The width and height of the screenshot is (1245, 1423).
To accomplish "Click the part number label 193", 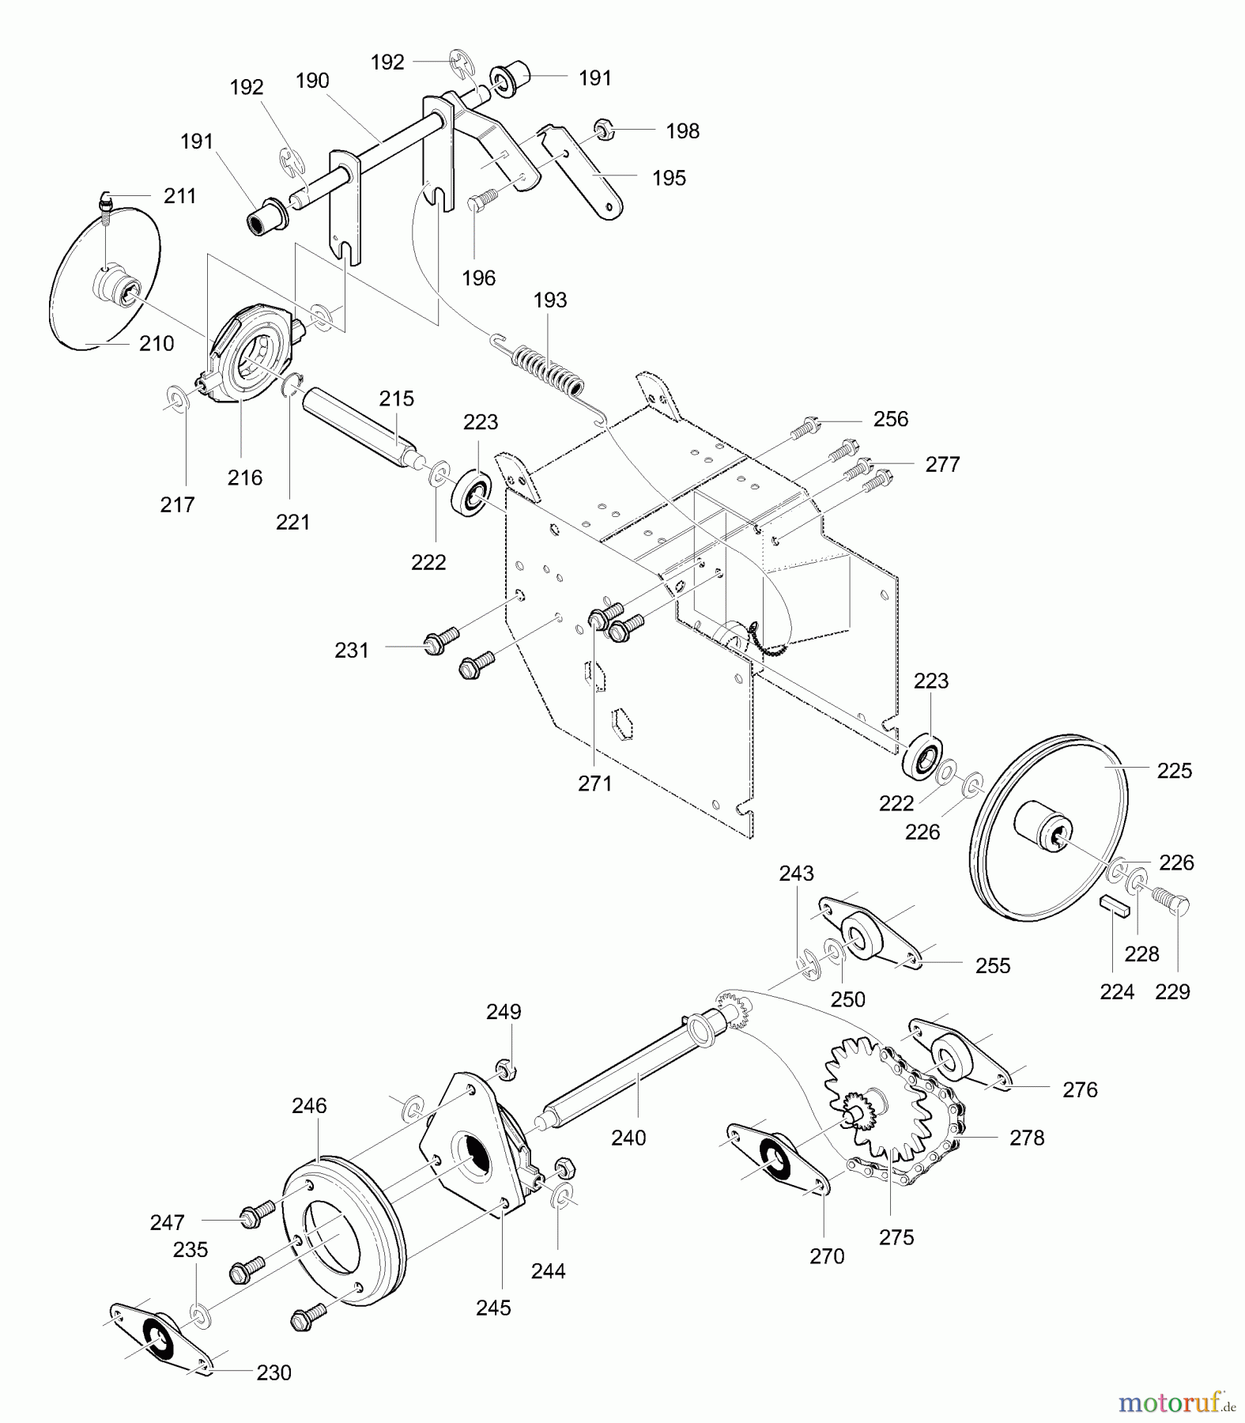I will (550, 300).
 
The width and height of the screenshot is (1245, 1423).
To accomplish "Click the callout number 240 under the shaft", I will (628, 1138).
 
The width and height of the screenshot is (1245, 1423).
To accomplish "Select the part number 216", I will (245, 477).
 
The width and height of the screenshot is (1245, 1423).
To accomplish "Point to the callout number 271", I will (594, 783).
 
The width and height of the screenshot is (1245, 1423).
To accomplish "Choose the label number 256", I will (891, 419).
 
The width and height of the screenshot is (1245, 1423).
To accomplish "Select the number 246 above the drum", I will (309, 1106).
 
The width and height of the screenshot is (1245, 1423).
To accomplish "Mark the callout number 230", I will (274, 1373).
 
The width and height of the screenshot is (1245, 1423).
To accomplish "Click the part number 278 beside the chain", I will (1027, 1138).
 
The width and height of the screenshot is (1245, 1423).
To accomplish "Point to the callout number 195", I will (669, 178).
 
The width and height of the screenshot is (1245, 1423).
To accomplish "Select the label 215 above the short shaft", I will (396, 398).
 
